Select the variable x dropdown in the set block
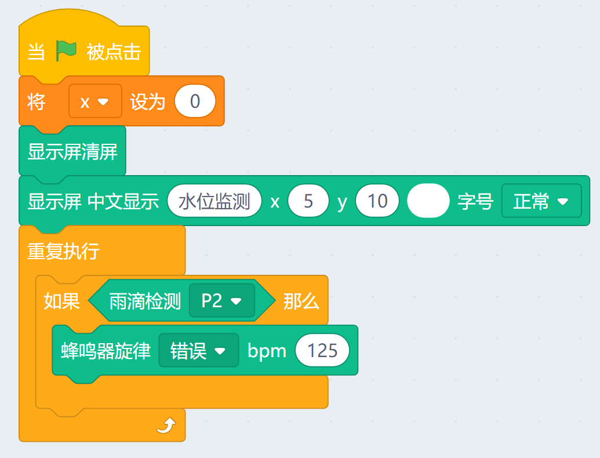point(95,102)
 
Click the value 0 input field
point(195,102)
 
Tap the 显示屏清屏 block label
point(72,152)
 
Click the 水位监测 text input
point(214,201)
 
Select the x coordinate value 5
point(308,201)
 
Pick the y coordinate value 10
point(377,201)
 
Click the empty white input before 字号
point(428,201)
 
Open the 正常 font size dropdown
point(541,201)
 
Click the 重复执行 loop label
point(64,251)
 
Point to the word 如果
point(61,301)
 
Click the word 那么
point(301,301)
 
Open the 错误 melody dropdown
point(198,351)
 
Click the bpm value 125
point(322,351)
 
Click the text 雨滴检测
point(145,301)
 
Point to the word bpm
point(267,351)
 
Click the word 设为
point(147,102)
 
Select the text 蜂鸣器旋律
point(106,351)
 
